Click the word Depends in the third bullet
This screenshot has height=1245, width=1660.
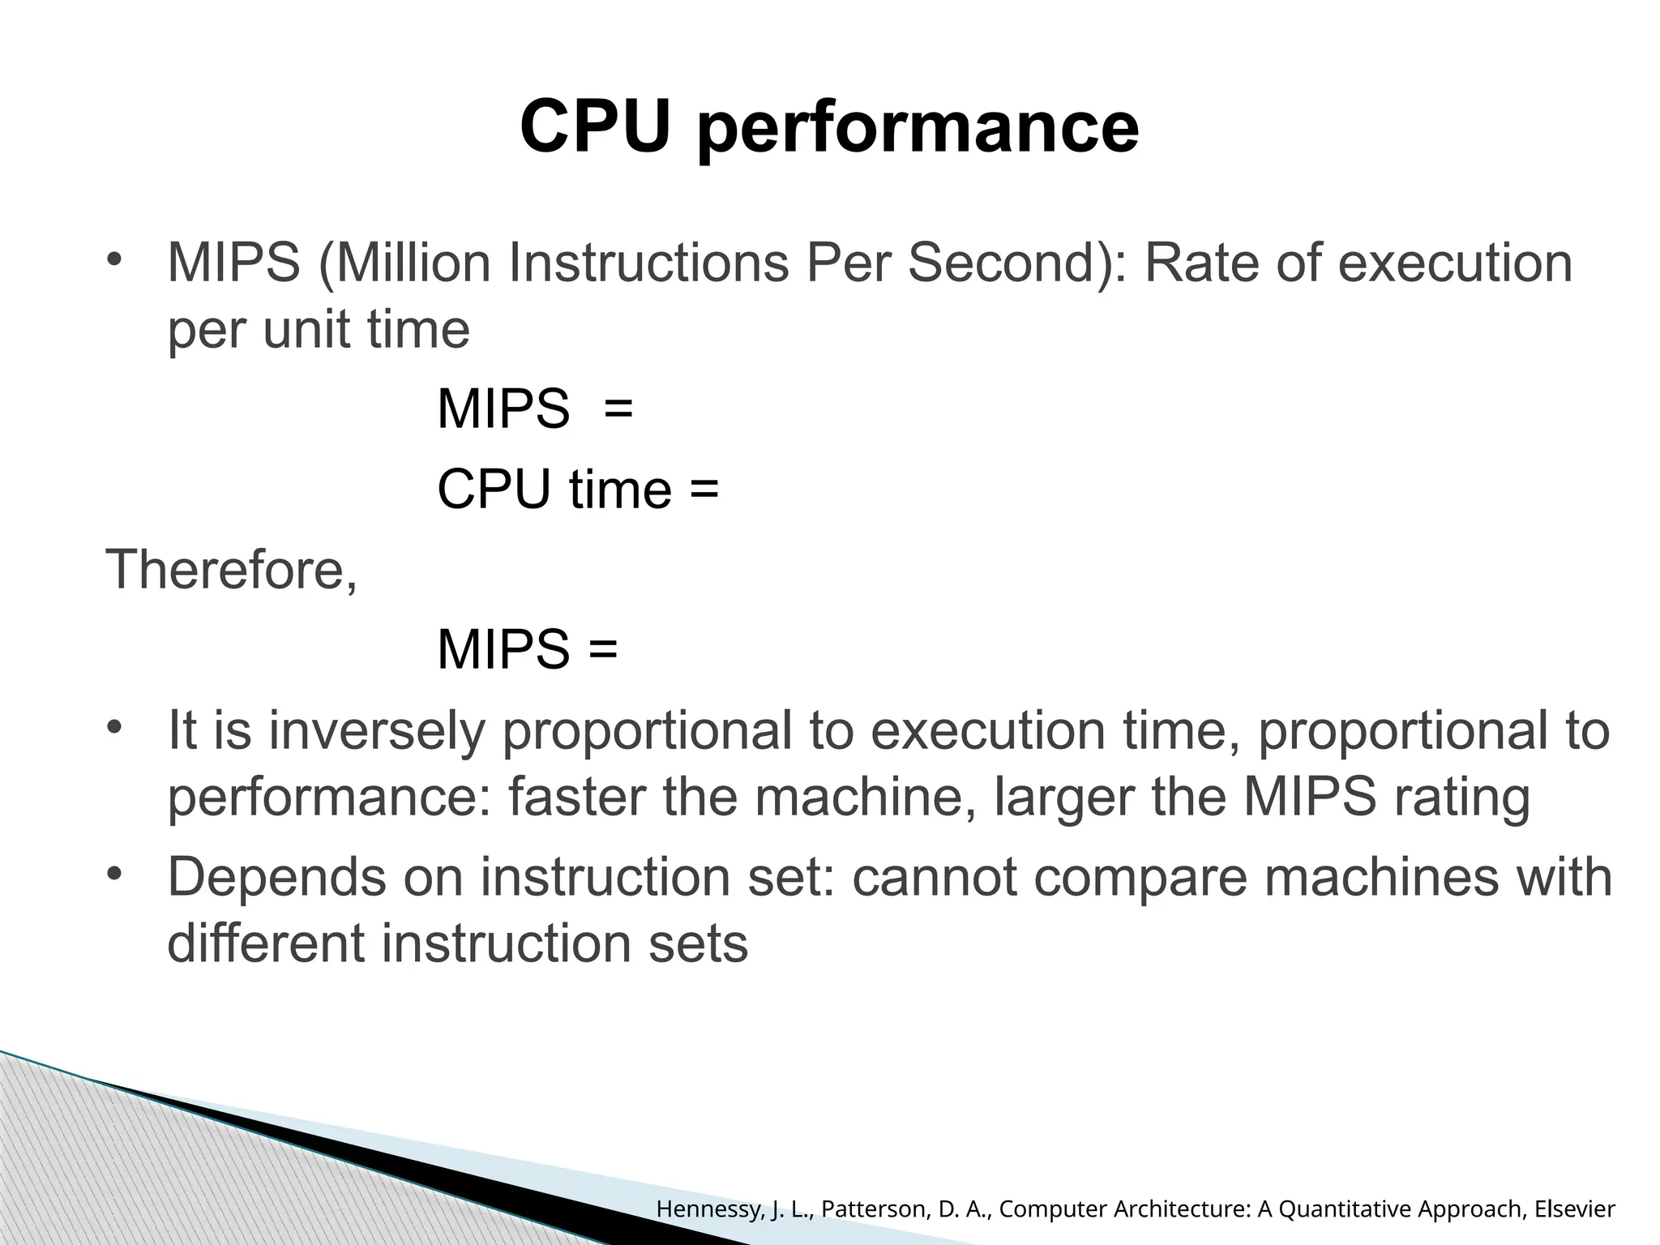coord(276,877)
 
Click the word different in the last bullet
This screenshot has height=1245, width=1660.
coord(267,943)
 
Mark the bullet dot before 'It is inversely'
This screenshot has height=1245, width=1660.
coord(113,726)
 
